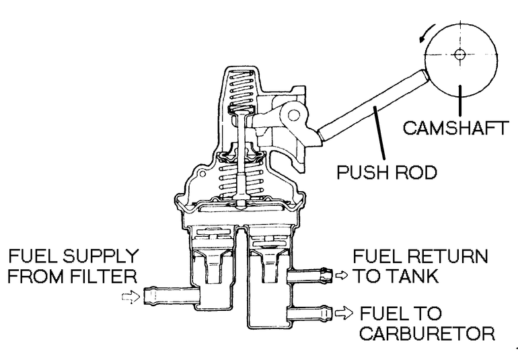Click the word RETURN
coord(443,256)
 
